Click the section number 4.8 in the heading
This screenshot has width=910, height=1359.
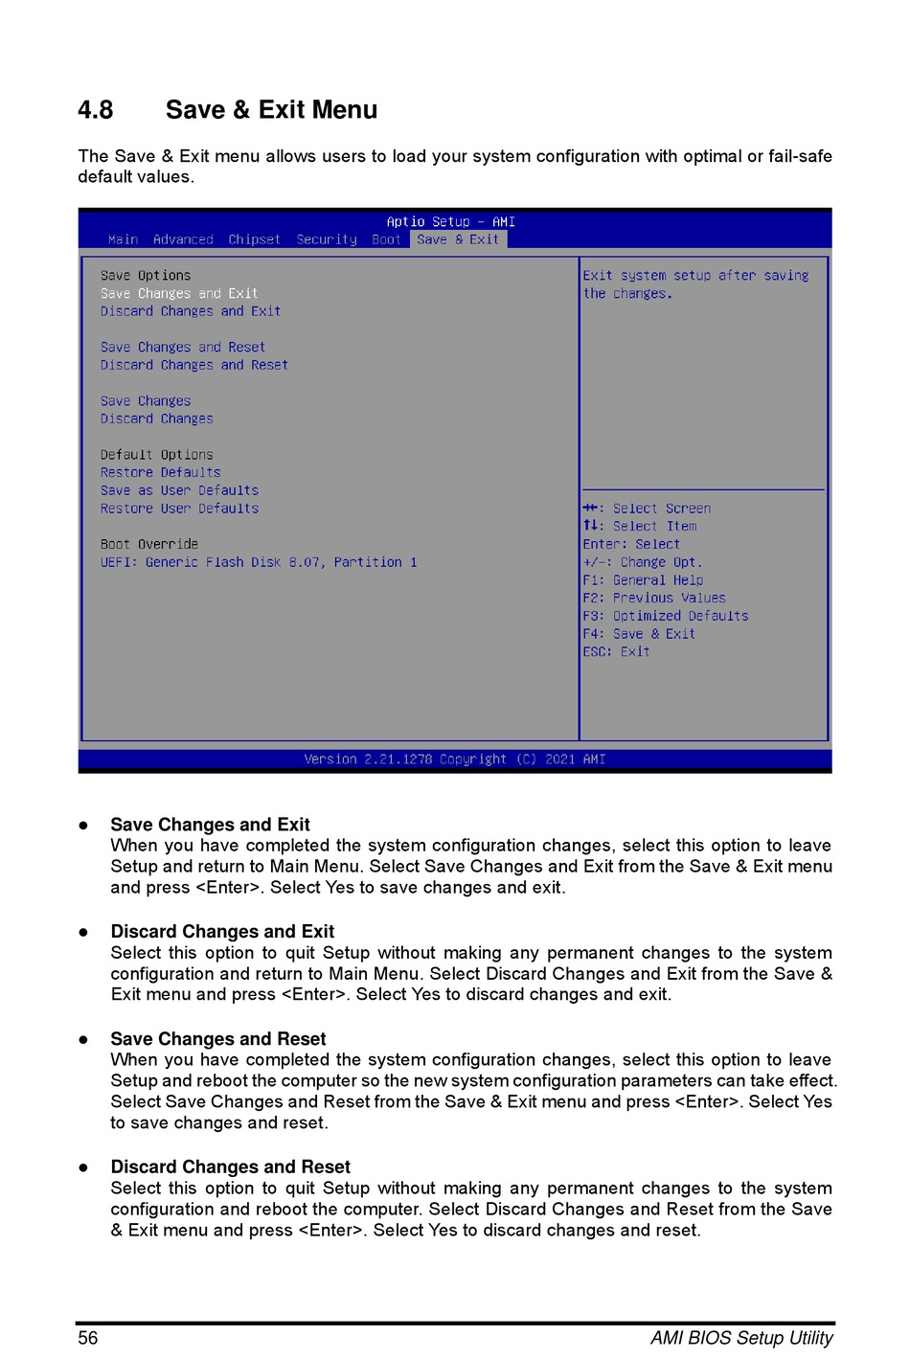click(x=95, y=110)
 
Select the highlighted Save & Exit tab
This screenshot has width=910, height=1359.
click(x=458, y=239)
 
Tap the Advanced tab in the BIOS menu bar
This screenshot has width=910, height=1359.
click(x=183, y=239)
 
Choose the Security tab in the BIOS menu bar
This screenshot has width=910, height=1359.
click(x=327, y=239)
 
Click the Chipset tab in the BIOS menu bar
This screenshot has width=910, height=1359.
click(x=254, y=239)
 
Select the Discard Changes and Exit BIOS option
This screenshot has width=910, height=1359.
click(x=191, y=311)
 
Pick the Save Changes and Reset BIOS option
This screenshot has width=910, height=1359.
click(x=183, y=347)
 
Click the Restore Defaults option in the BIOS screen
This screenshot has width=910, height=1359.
click(x=160, y=472)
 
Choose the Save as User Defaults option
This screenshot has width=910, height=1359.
click(x=179, y=490)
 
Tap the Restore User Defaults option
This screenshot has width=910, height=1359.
click(x=179, y=509)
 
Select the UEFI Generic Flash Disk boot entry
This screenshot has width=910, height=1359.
click(x=259, y=562)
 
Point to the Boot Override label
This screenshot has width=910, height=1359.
click(x=149, y=544)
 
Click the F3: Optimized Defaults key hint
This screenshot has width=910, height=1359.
click(x=666, y=616)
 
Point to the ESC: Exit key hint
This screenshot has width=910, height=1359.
click(x=616, y=651)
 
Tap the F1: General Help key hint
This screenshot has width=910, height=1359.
click(x=643, y=580)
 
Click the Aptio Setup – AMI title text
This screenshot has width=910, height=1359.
click(x=450, y=221)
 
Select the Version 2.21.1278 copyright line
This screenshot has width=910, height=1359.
click(x=454, y=759)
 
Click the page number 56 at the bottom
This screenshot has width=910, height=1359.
click(x=88, y=1338)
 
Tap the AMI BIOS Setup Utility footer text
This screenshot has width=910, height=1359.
click(x=741, y=1338)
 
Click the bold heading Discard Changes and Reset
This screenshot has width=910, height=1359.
click(x=231, y=1166)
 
